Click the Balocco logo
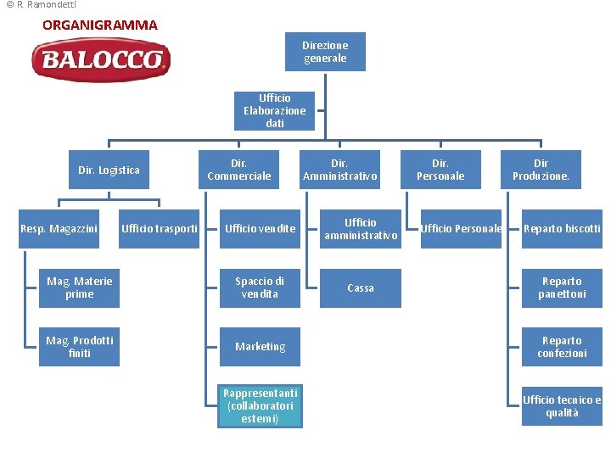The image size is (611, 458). point(101,60)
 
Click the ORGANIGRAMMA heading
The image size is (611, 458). point(100,25)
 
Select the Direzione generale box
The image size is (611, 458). point(326,52)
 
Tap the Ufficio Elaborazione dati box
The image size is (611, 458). point(274,111)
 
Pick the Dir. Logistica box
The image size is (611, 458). point(109,170)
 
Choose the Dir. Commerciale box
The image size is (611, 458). point(239,170)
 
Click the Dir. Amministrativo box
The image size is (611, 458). point(339,170)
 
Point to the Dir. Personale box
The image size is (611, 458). point(440,170)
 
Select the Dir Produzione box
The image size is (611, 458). point(541,170)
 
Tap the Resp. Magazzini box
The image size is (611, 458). point(59,229)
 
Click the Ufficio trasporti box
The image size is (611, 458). point(160,229)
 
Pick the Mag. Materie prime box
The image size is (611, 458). point(79,288)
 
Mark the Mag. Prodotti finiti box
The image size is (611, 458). point(79,347)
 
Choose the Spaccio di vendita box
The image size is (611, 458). point(260,288)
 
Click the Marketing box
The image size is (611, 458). point(260,347)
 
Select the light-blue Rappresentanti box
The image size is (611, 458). point(260,405)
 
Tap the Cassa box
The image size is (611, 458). point(361,288)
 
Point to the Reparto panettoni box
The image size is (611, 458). point(562,288)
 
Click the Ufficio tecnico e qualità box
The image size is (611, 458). point(562,405)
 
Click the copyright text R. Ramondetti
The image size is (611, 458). point(41,5)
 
